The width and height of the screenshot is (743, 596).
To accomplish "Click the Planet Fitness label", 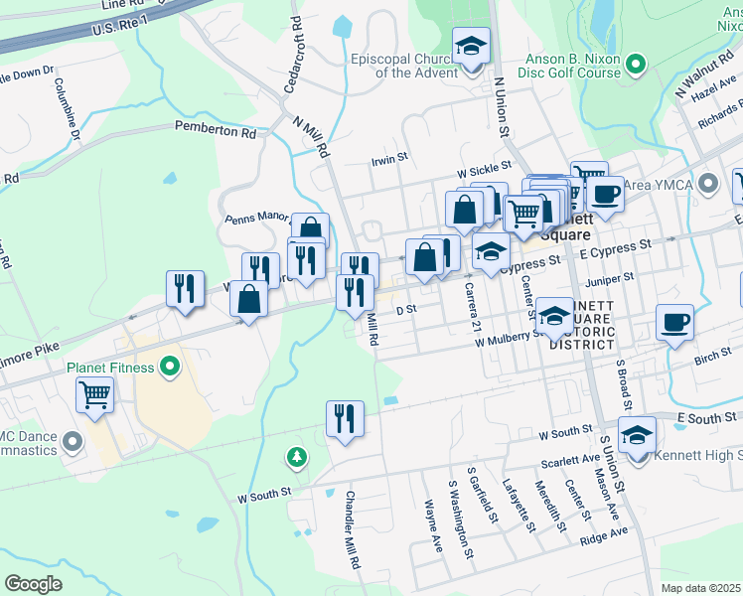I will click(x=110, y=368).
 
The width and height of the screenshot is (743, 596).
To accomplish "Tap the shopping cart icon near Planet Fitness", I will click(x=94, y=395).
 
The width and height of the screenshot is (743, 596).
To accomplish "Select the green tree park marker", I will click(x=296, y=457).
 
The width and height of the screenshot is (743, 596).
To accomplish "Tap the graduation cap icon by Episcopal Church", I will click(x=472, y=47).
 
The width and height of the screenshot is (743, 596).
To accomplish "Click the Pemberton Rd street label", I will click(x=215, y=129).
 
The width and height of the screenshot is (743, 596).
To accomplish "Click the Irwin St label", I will click(x=389, y=158).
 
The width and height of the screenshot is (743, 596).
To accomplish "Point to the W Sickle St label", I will click(x=484, y=171).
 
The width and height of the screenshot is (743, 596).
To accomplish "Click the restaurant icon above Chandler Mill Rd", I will click(x=345, y=418).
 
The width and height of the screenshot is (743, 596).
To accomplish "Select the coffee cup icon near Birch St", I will click(x=674, y=323).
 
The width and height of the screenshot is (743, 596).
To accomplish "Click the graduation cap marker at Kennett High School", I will click(x=637, y=434).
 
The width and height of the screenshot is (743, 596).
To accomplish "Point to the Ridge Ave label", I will click(x=604, y=535).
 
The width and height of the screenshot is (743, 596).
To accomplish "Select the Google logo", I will click(x=33, y=583).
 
